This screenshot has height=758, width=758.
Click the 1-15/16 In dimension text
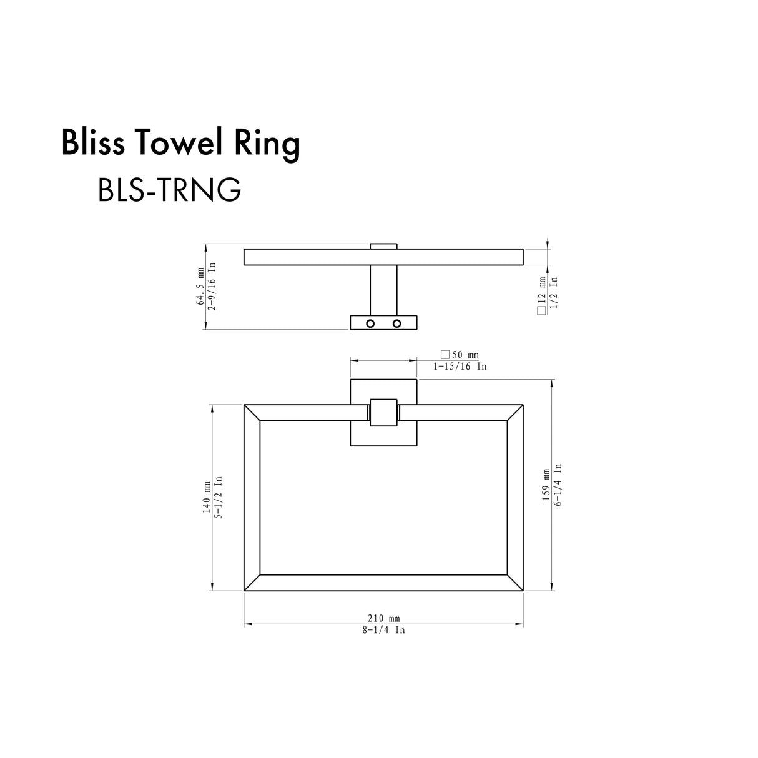460,367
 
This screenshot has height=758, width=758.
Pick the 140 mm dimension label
207,498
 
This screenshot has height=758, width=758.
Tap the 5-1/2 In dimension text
219,498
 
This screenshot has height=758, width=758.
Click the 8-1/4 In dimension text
383,631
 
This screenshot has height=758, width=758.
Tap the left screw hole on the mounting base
370,323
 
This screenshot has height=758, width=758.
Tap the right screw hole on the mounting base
396,323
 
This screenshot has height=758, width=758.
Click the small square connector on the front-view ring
383,413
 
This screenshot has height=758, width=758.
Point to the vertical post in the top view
383,290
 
